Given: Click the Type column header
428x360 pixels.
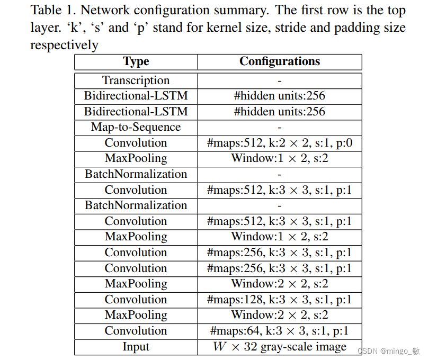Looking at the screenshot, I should coord(136,62).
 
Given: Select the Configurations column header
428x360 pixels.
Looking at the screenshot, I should coord(280,61).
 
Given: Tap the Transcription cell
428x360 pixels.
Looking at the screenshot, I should coord(136,80).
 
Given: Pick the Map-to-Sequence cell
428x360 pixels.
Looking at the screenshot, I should coord(136,127).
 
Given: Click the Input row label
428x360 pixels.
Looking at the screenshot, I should coord(136,347).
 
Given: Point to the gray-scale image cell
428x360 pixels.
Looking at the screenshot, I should coord(280,347).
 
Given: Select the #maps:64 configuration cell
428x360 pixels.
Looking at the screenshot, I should coord(280,331).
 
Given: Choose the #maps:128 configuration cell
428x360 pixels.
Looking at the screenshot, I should coord(280,300).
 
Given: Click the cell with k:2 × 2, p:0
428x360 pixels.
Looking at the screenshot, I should coord(280,143).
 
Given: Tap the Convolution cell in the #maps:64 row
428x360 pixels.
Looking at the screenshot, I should coord(136,331).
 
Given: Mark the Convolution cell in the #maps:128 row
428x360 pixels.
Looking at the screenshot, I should coord(136,300).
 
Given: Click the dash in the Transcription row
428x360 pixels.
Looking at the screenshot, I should coord(280,81).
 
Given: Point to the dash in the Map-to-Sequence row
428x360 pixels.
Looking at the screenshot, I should coord(280,128).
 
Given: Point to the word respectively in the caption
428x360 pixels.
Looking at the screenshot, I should coord(64,45).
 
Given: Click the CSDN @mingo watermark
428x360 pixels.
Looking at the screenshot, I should coord(388,351).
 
